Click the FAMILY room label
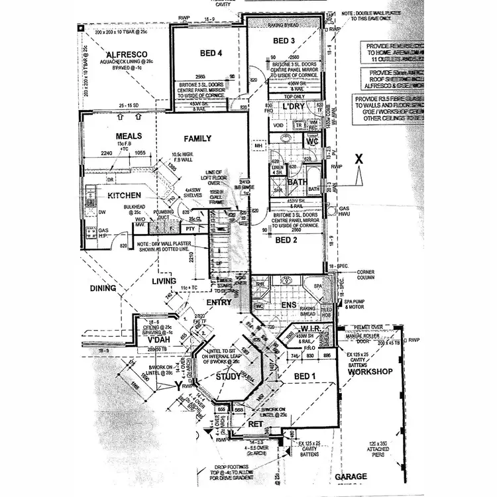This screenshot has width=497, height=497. [198, 138]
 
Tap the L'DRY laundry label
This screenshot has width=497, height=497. [292, 107]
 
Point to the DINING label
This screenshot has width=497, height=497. [108, 288]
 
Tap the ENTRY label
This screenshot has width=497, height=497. [219, 302]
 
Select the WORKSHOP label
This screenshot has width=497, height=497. [371, 372]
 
